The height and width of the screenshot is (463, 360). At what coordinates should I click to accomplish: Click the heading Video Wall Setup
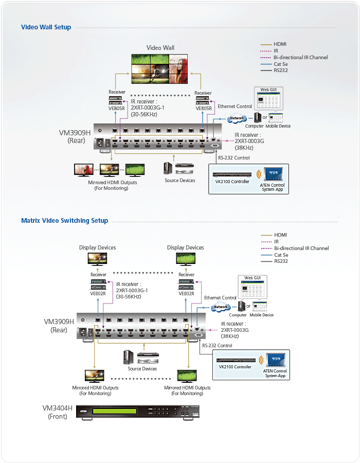[46, 27]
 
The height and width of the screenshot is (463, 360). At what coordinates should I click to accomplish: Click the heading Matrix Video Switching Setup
[65, 221]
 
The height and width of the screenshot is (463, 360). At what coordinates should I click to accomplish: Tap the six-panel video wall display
[160, 69]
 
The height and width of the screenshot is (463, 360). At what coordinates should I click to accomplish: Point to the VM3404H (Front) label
[57, 412]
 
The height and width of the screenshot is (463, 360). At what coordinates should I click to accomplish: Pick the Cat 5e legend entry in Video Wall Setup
[281, 64]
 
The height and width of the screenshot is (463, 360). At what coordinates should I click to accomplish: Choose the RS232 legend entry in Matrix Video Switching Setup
[281, 261]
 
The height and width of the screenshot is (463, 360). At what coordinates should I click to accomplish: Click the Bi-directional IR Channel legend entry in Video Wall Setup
[301, 58]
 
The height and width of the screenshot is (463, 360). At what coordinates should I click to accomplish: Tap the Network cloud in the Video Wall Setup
[237, 118]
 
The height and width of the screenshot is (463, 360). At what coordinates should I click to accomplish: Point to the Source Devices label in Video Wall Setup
[180, 181]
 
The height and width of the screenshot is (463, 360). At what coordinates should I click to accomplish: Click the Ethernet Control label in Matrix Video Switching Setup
[220, 298]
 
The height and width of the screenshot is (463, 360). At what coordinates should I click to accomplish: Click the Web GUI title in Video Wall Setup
[268, 90]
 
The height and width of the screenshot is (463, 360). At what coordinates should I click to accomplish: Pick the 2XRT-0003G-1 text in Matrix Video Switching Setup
[132, 290]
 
